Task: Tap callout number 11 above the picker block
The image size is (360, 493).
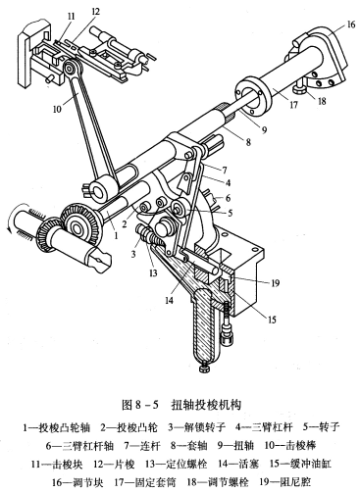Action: coord(72,17)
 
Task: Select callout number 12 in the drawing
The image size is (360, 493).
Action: coord(95,12)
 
